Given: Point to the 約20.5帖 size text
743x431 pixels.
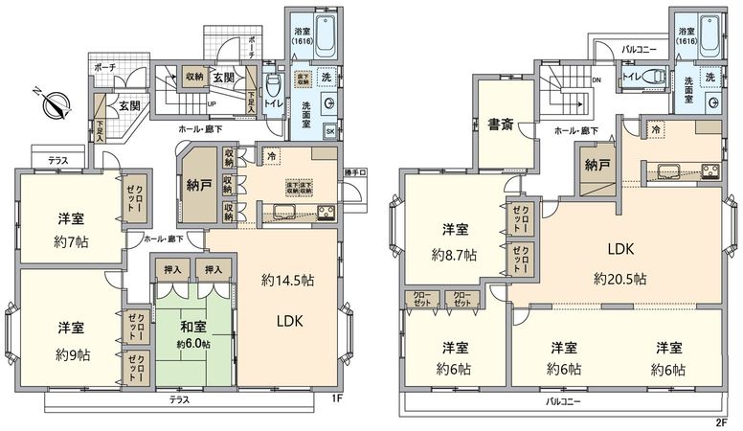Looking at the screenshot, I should click(619, 280).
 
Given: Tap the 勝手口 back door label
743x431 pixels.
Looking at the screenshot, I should click(353, 171).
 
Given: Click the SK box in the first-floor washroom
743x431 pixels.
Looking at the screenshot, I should click(329, 130).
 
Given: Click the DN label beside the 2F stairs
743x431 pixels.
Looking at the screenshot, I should click(597, 80).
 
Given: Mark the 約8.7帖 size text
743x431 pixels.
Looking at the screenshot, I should click(454, 255).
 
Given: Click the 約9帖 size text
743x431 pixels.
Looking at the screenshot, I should click(74, 354).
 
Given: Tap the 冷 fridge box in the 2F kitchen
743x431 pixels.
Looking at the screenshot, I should click(655, 127).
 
